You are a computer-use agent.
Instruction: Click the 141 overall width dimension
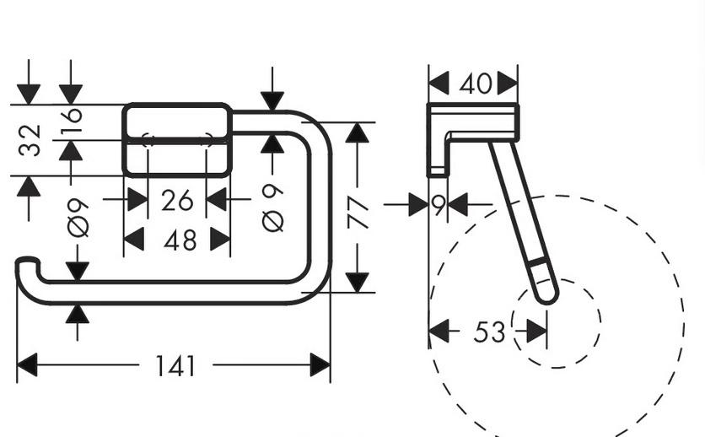pyautogui.click(x=175, y=366)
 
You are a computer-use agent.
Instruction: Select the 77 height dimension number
pyautogui.click(x=358, y=214)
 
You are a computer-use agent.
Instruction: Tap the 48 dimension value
pyautogui.click(x=180, y=240)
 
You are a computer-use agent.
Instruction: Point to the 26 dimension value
pyautogui.click(x=177, y=201)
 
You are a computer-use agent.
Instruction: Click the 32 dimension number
pyautogui.click(x=30, y=140)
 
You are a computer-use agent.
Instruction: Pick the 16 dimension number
pyautogui.click(x=72, y=121)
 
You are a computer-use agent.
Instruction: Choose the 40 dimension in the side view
pyautogui.click(x=475, y=84)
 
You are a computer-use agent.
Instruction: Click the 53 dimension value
pyautogui.click(x=489, y=332)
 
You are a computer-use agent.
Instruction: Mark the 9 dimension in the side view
pyautogui.click(x=439, y=205)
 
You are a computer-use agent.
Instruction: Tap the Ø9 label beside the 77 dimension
pyautogui.click(x=273, y=208)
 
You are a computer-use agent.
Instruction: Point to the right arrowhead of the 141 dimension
pyautogui.click(x=320, y=365)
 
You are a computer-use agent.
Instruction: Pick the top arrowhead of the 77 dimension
pyautogui.click(x=358, y=133)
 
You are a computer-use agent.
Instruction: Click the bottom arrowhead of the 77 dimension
pyautogui.click(x=358, y=282)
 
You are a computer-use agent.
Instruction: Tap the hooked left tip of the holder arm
pyautogui.click(x=25, y=264)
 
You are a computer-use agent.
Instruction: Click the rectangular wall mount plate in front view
pyautogui.click(x=177, y=140)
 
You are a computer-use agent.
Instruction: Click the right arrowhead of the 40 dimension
pyautogui.click(x=508, y=84)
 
